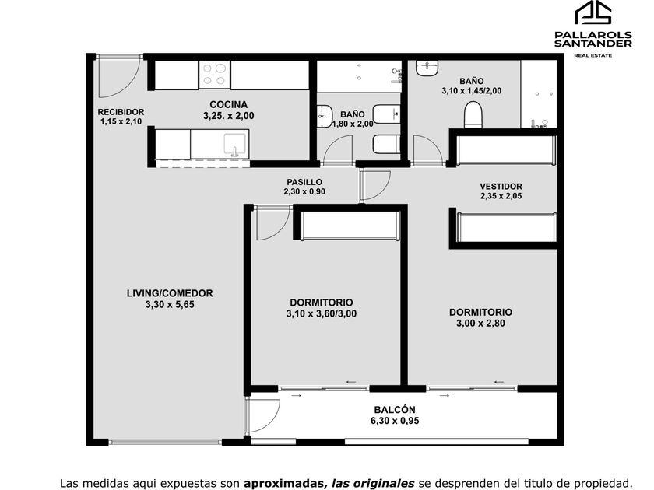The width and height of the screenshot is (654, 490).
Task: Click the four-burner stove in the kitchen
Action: tap(214, 75)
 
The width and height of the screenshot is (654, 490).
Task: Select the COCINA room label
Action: tap(229, 104)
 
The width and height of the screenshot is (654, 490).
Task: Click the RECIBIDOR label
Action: tap(121, 112)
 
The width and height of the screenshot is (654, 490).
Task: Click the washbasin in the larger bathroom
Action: tap(427, 68)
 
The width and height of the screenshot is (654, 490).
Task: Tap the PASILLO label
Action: tap(304, 182)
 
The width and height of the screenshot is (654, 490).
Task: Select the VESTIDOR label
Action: tap(501, 187)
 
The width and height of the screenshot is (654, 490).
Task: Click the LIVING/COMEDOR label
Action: tap(170, 293)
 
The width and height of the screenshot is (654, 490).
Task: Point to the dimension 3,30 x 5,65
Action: tap(170, 305)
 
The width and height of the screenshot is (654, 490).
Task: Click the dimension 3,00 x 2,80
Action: tap(480, 324)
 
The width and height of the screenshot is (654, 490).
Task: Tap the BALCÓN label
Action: tap(395, 410)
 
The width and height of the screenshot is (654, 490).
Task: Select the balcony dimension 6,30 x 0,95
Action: tap(395, 421)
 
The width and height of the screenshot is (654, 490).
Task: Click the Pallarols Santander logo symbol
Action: tap(593, 12)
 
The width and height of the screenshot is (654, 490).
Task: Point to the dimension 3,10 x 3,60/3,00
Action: tap(321, 313)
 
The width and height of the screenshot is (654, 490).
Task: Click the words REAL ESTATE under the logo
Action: tap(593, 55)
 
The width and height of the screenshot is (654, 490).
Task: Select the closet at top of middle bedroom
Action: tap(350, 226)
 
